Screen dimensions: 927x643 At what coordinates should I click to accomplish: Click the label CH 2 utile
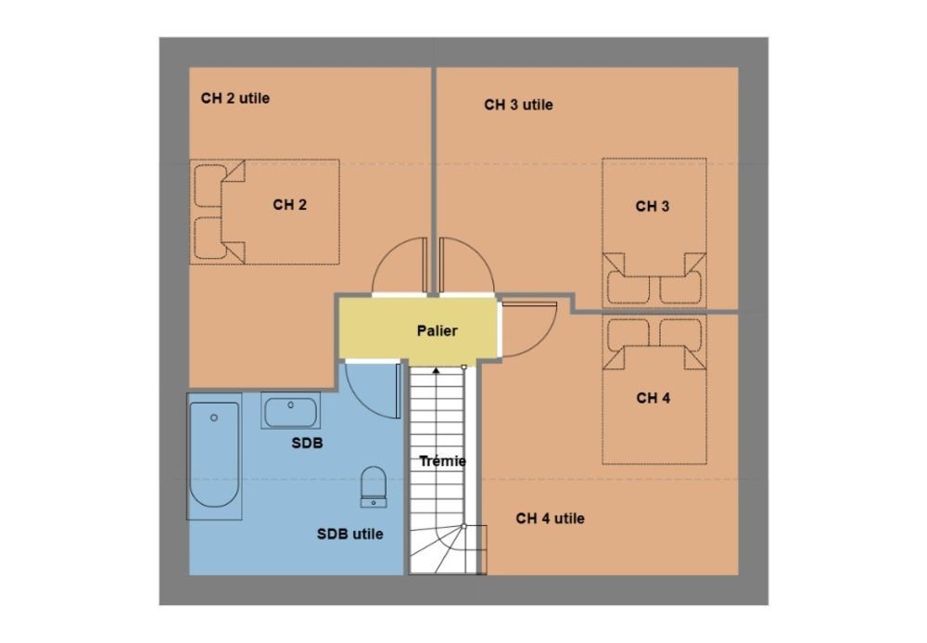[x=235, y=98]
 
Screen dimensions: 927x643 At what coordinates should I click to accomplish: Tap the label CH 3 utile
[x=518, y=105]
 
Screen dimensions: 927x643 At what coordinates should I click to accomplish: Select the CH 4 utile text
[x=550, y=518]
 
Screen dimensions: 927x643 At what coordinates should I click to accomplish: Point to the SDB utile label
[x=350, y=534]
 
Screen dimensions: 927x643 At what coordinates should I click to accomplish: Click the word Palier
[x=437, y=330]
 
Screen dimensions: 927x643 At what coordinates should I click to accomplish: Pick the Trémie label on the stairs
[x=442, y=461]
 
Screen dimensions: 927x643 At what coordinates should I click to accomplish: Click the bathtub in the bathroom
[x=214, y=456]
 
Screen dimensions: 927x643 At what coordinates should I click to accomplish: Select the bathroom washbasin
[x=290, y=411]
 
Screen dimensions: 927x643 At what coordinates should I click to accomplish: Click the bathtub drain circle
[x=214, y=418]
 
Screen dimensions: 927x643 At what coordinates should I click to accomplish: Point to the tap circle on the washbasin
[x=290, y=405]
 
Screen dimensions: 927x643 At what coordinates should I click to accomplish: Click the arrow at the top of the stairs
[x=437, y=370]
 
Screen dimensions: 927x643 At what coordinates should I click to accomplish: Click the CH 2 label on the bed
[x=289, y=205]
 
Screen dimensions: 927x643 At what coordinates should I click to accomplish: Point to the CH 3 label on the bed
[x=652, y=206]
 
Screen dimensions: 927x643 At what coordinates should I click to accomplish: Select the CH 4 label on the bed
[x=654, y=398]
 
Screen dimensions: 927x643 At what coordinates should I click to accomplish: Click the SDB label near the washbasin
[x=308, y=444]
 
